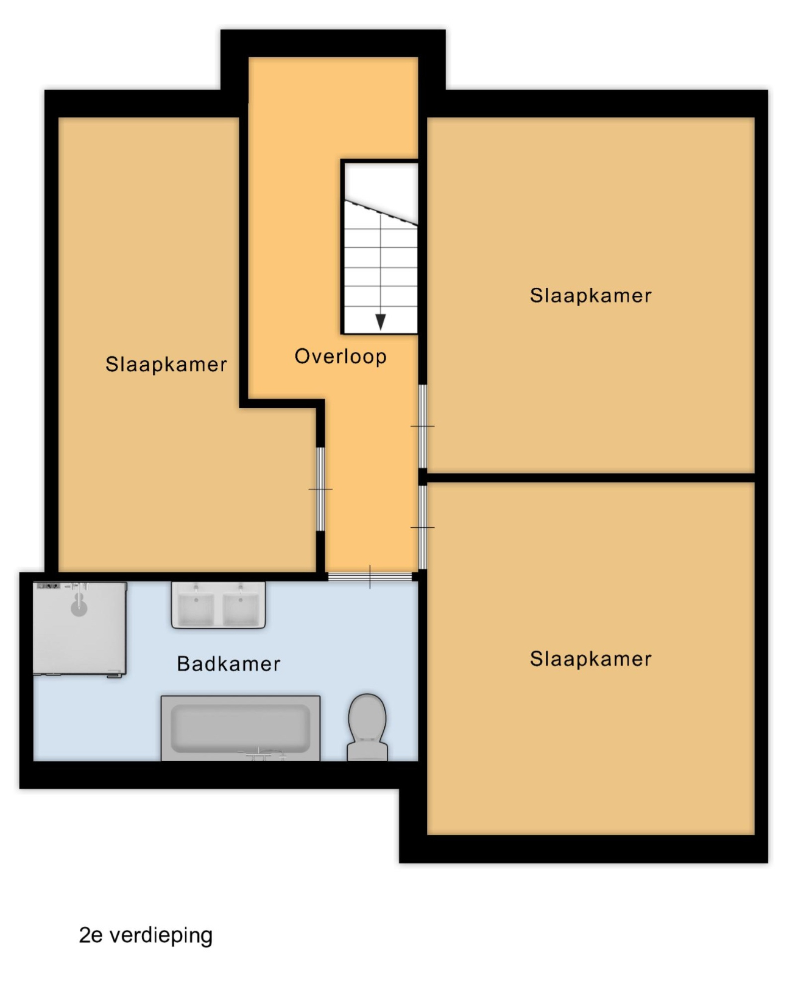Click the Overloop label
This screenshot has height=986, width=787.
[x=341, y=357]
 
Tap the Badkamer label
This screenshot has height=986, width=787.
[x=228, y=664]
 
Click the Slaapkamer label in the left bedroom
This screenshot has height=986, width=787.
[x=166, y=365]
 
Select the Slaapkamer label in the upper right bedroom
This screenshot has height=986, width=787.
[x=590, y=296]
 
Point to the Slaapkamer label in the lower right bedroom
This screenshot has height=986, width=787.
[x=590, y=659]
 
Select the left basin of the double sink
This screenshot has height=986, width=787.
[x=196, y=609]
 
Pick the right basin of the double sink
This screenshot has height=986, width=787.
[x=241, y=609]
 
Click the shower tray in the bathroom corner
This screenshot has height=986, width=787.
[x=79, y=629]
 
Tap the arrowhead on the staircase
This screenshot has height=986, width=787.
[x=380, y=322]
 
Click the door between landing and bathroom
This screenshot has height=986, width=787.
[x=370, y=577]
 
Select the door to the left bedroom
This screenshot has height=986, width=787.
[x=320, y=489]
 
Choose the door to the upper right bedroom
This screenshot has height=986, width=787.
[x=422, y=427]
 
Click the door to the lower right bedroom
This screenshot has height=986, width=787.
[x=422, y=527]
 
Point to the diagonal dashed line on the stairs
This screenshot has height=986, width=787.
[x=381, y=212]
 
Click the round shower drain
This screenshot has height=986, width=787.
[x=79, y=609]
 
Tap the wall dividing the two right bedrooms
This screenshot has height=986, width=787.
[x=591, y=477]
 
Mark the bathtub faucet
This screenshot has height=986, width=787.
[x=266, y=753]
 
